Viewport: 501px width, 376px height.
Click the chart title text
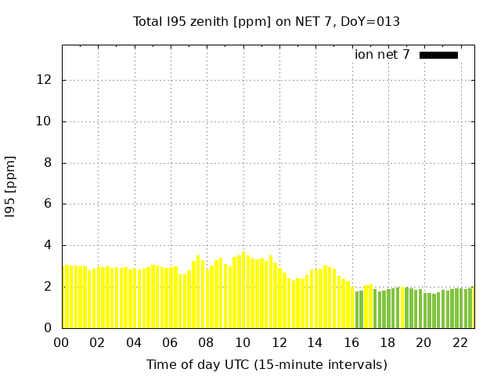[266, 21]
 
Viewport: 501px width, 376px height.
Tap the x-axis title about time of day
[266, 364]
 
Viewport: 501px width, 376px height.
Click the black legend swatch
[438, 55]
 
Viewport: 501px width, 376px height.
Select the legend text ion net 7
[382, 55]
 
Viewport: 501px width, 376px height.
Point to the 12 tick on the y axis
[45, 80]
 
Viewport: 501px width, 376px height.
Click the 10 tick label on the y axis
[45, 121]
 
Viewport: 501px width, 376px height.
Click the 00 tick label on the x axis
[62, 342]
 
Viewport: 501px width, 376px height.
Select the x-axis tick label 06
[171, 342]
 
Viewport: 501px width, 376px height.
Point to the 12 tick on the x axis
[279, 342]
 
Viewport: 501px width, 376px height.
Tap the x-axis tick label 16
[351, 342]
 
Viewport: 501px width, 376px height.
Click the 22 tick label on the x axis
[460, 342]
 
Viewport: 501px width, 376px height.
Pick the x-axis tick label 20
[424, 342]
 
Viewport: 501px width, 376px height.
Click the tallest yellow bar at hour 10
[243, 290]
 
